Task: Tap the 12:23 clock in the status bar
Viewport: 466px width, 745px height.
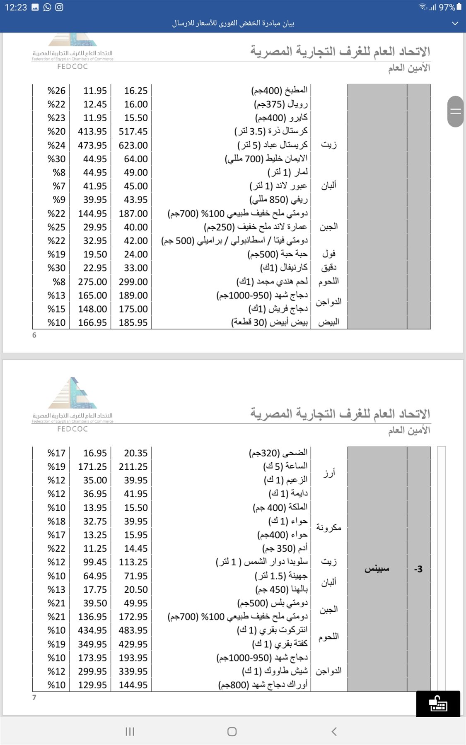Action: [x=16, y=7]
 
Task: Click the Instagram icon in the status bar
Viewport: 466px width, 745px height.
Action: [x=59, y=7]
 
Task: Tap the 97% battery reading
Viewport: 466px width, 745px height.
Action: [x=447, y=7]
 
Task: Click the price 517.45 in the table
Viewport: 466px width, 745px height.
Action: [x=133, y=132]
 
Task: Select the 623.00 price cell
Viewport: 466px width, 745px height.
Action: [x=133, y=145]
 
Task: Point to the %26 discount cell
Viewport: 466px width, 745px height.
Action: [x=56, y=91]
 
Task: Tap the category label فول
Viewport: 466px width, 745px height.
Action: [x=329, y=254]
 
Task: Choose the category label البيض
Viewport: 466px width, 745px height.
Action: [x=329, y=322]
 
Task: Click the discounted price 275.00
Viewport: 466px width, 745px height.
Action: [x=92, y=282]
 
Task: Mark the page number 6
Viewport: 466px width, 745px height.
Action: [x=34, y=335]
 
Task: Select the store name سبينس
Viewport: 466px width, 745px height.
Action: [x=377, y=569]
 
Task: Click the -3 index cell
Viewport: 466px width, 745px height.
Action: [x=418, y=569]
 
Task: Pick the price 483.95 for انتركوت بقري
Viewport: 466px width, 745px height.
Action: [x=133, y=630]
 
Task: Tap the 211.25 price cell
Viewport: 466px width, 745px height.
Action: [x=133, y=466]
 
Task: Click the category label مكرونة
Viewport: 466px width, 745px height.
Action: [x=329, y=528]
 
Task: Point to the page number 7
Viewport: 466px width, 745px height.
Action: [x=34, y=697]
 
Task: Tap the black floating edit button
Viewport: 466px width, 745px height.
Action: [x=438, y=704]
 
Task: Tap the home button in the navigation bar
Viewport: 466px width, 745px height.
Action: [x=232, y=731]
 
